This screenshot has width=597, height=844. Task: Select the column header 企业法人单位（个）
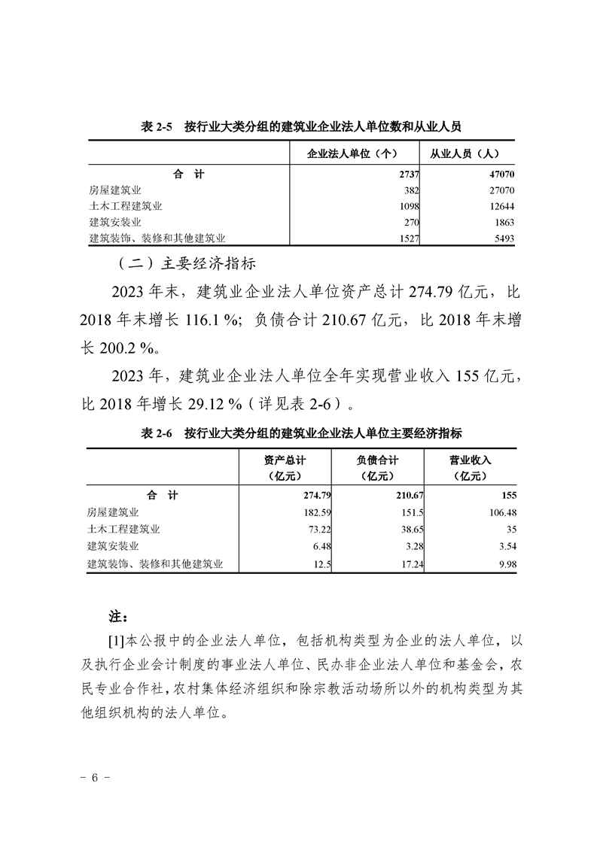(353, 154)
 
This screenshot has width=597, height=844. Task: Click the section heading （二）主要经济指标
(187, 264)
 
